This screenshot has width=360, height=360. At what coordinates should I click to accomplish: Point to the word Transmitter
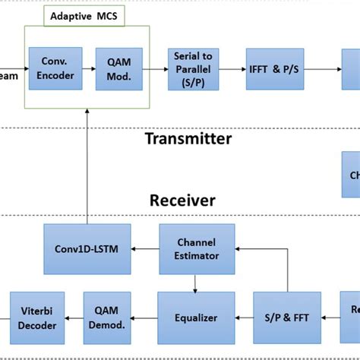(x=188, y=138)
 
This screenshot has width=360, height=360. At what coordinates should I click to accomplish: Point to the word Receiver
(x=182, y=201)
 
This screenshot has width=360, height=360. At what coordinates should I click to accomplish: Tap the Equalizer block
(x=197, y=317)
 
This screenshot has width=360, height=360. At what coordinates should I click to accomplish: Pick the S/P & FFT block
(x=288, y=317)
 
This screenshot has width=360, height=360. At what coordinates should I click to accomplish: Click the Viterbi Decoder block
(x=32, y=317)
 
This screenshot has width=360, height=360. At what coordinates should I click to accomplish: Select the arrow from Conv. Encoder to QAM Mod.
(x=89, y=68)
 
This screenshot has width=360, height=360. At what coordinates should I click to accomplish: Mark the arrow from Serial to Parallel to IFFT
(x=232, y=68)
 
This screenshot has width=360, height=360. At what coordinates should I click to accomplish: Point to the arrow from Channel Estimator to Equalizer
(x=197, y=283)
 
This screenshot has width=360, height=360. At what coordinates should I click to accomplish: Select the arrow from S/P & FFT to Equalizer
(x=244, y=317)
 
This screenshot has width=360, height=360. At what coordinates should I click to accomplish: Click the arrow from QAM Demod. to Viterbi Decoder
(x=73, y=317)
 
